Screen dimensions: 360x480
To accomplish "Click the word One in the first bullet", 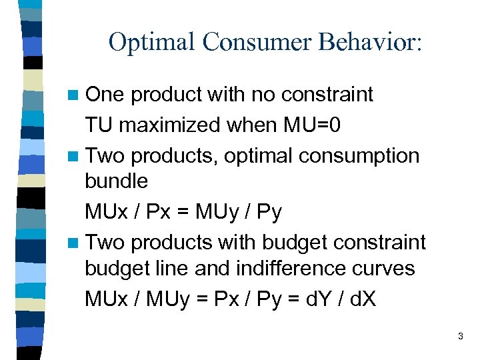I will (x=105, y=95).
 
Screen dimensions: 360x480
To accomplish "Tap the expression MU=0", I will (x=314, y=124).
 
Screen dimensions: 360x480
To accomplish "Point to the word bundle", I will (x=116, y=181).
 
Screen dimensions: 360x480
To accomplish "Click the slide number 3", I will (x=460, y=337).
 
